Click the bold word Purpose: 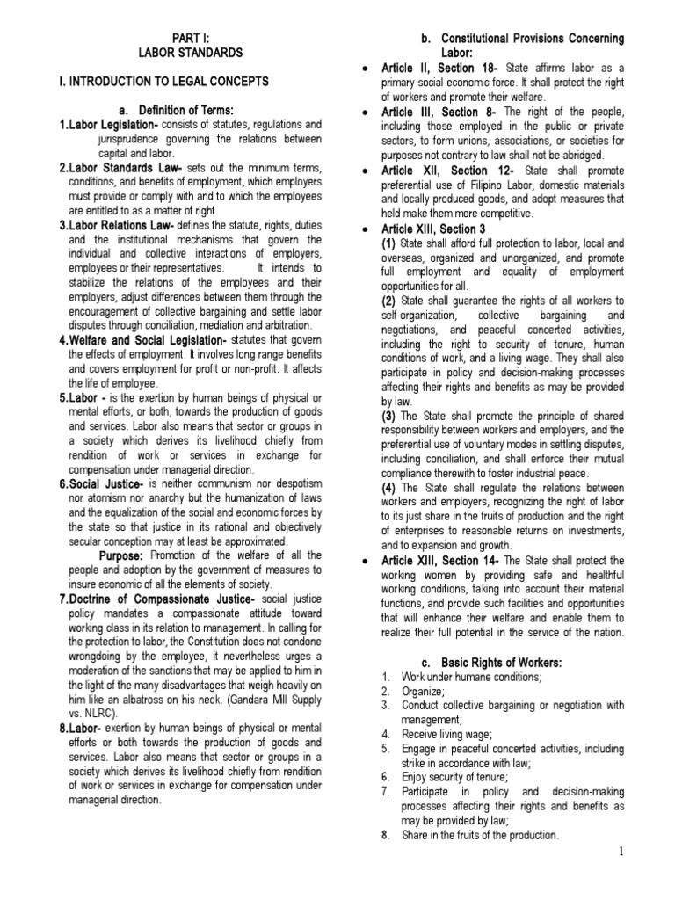(121, 555)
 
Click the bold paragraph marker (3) (388, 415)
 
